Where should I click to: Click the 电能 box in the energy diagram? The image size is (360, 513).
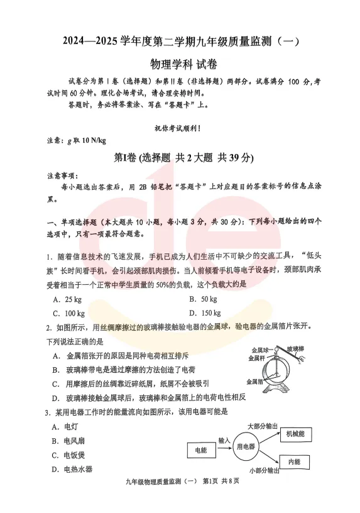(201, 450)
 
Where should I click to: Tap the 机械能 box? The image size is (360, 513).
(295, 433)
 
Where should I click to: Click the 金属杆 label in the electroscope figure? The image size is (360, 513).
(258, 358)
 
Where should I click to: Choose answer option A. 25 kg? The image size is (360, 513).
(68, 299)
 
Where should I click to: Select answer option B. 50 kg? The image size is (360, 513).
(204, 299)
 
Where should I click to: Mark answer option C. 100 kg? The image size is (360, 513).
(69, 313)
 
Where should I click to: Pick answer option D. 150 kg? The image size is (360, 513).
(205, 313)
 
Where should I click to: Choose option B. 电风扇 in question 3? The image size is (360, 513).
(69, 441)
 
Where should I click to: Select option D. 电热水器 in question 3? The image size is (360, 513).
(73, 469)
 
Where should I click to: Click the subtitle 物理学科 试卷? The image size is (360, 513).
(180, 64)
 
